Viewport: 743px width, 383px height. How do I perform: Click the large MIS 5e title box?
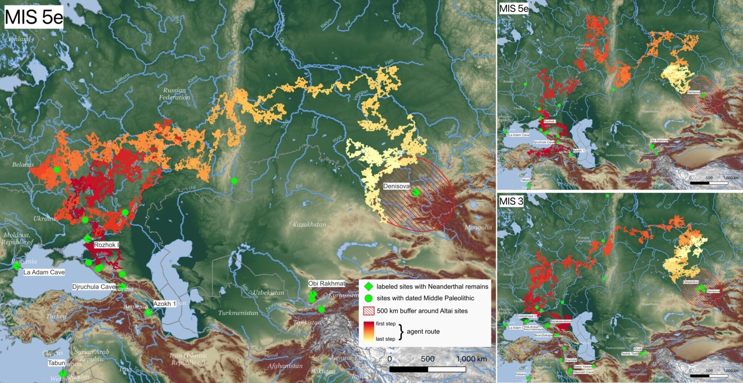tap(33, 17)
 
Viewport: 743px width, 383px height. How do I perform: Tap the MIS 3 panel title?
tap(511, 201)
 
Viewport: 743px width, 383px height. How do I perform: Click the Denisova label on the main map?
tap(396, 186)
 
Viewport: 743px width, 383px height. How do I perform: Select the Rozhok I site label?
tap(106, 245)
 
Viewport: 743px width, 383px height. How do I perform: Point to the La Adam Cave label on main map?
tap(44, 272)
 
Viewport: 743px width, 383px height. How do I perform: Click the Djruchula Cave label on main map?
tap(93, 287)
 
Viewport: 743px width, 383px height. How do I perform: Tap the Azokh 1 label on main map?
tap(164, 304)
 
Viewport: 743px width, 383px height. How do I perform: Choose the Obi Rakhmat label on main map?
tap(326, 283)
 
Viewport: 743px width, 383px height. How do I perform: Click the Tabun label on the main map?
tap(57, 363)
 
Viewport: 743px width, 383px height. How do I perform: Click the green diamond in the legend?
tap(368, 286)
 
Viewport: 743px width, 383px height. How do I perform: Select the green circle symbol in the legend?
tap(368, 298)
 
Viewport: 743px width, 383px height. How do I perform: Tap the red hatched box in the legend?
tap(368, 311)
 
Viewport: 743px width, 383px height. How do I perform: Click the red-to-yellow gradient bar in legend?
tap(369, 331)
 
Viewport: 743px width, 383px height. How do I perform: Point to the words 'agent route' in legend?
tap(423, 331)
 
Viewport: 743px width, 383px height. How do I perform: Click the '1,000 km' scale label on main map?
tap(471, 359)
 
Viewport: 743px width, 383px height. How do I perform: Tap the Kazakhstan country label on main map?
tap(309, 224)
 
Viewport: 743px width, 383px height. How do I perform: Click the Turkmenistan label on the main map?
tap(238, 312)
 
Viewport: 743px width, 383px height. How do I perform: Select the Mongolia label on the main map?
tap(478, 227)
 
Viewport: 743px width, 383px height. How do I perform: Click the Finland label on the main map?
tap(20, 39)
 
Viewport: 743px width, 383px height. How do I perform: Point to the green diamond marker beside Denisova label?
tap(416, 192)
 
